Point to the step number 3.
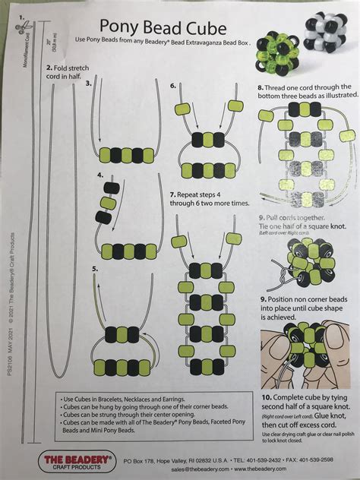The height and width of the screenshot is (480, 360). point(88,83)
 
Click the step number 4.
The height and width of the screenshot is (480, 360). point(101,175)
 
